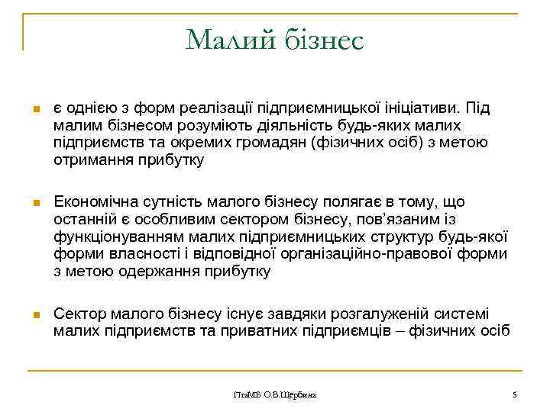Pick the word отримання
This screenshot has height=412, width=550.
click(89, 159)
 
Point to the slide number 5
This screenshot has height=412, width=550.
click(515, 394)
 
